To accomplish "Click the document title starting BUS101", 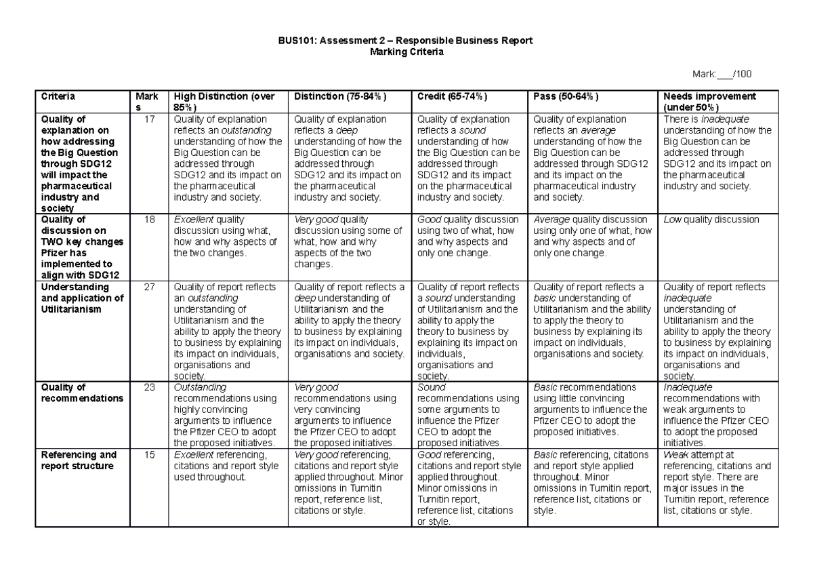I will [x=406, y=41].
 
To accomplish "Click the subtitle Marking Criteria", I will [x=406, y=52].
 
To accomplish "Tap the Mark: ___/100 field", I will [x=722, y=74].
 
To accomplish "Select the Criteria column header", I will [x=57, y=96].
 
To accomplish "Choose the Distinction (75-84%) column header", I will [x=340, y=96].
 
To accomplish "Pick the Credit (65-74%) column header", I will [x=452, y=96].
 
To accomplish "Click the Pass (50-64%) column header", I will [x=566, y=96].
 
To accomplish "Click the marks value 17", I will [x=150, y=119].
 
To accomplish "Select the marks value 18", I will [x=150, y=220].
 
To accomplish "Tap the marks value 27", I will [x=150, y=287].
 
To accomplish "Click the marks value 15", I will [x=150, y=455].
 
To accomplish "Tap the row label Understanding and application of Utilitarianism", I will [x=81, y=298].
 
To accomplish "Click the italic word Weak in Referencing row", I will [x=675, y=455].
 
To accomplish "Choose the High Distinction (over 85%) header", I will [x=222, y=102].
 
